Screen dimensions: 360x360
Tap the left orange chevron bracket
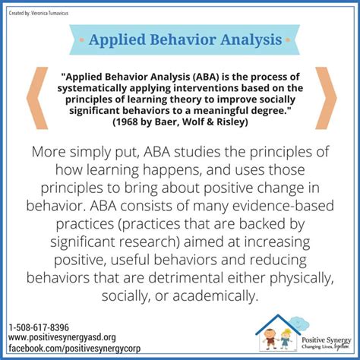click(x=34, y=98)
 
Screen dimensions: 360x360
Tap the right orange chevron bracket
click(x=327, y=98)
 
